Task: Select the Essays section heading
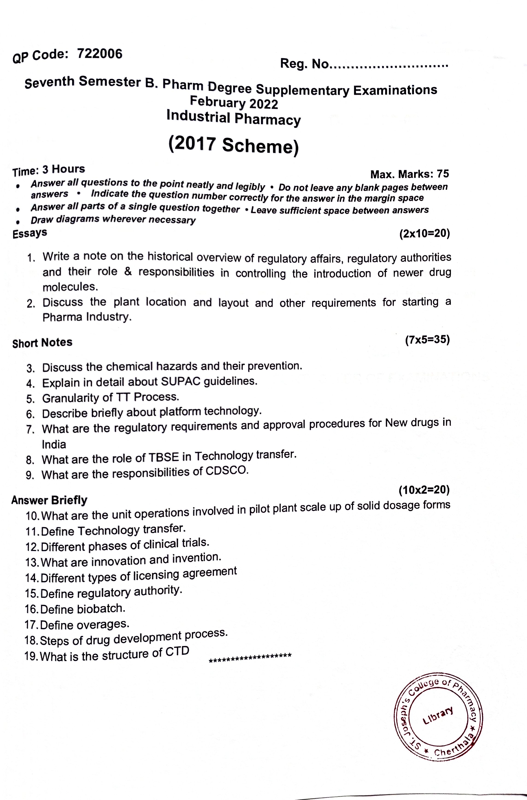29,233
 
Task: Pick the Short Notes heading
42,342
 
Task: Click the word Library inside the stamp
438,716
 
